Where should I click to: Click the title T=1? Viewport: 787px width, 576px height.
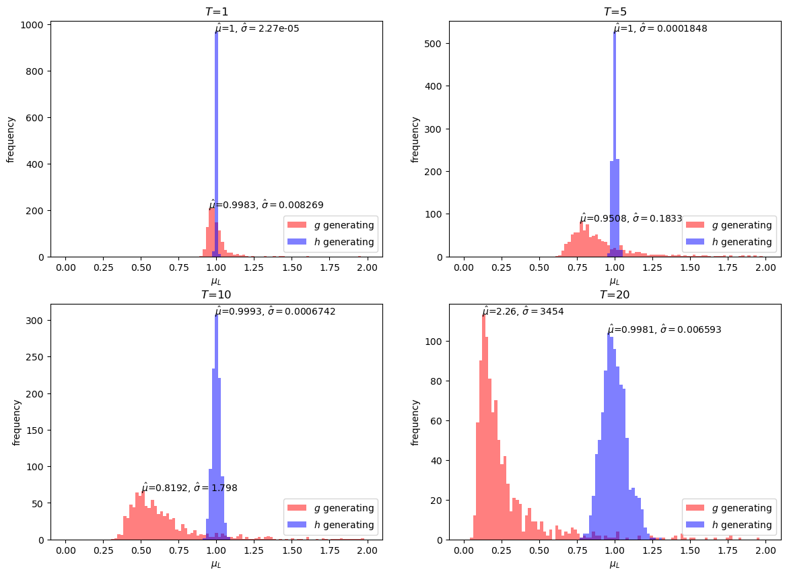coord(217,11)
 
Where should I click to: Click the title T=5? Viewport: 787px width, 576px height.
coord(615,11)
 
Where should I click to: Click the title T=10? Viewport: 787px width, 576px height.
coord(217,294)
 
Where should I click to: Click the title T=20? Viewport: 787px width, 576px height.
coord(615,294)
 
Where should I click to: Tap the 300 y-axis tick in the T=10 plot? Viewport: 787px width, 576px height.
coord(36,321)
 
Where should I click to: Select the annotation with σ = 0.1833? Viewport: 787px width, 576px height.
coord(631,219)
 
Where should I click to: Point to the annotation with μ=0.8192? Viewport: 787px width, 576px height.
coord(189,488)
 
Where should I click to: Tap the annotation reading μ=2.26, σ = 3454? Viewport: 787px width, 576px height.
coord(523,311)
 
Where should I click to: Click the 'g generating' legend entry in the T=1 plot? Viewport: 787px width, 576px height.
coord(330,225)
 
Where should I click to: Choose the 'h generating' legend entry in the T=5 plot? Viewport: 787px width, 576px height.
coord(728,242)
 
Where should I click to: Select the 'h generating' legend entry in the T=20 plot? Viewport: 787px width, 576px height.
coord(728,525)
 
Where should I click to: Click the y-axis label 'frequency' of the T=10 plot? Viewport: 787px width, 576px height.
coord(17,422)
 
